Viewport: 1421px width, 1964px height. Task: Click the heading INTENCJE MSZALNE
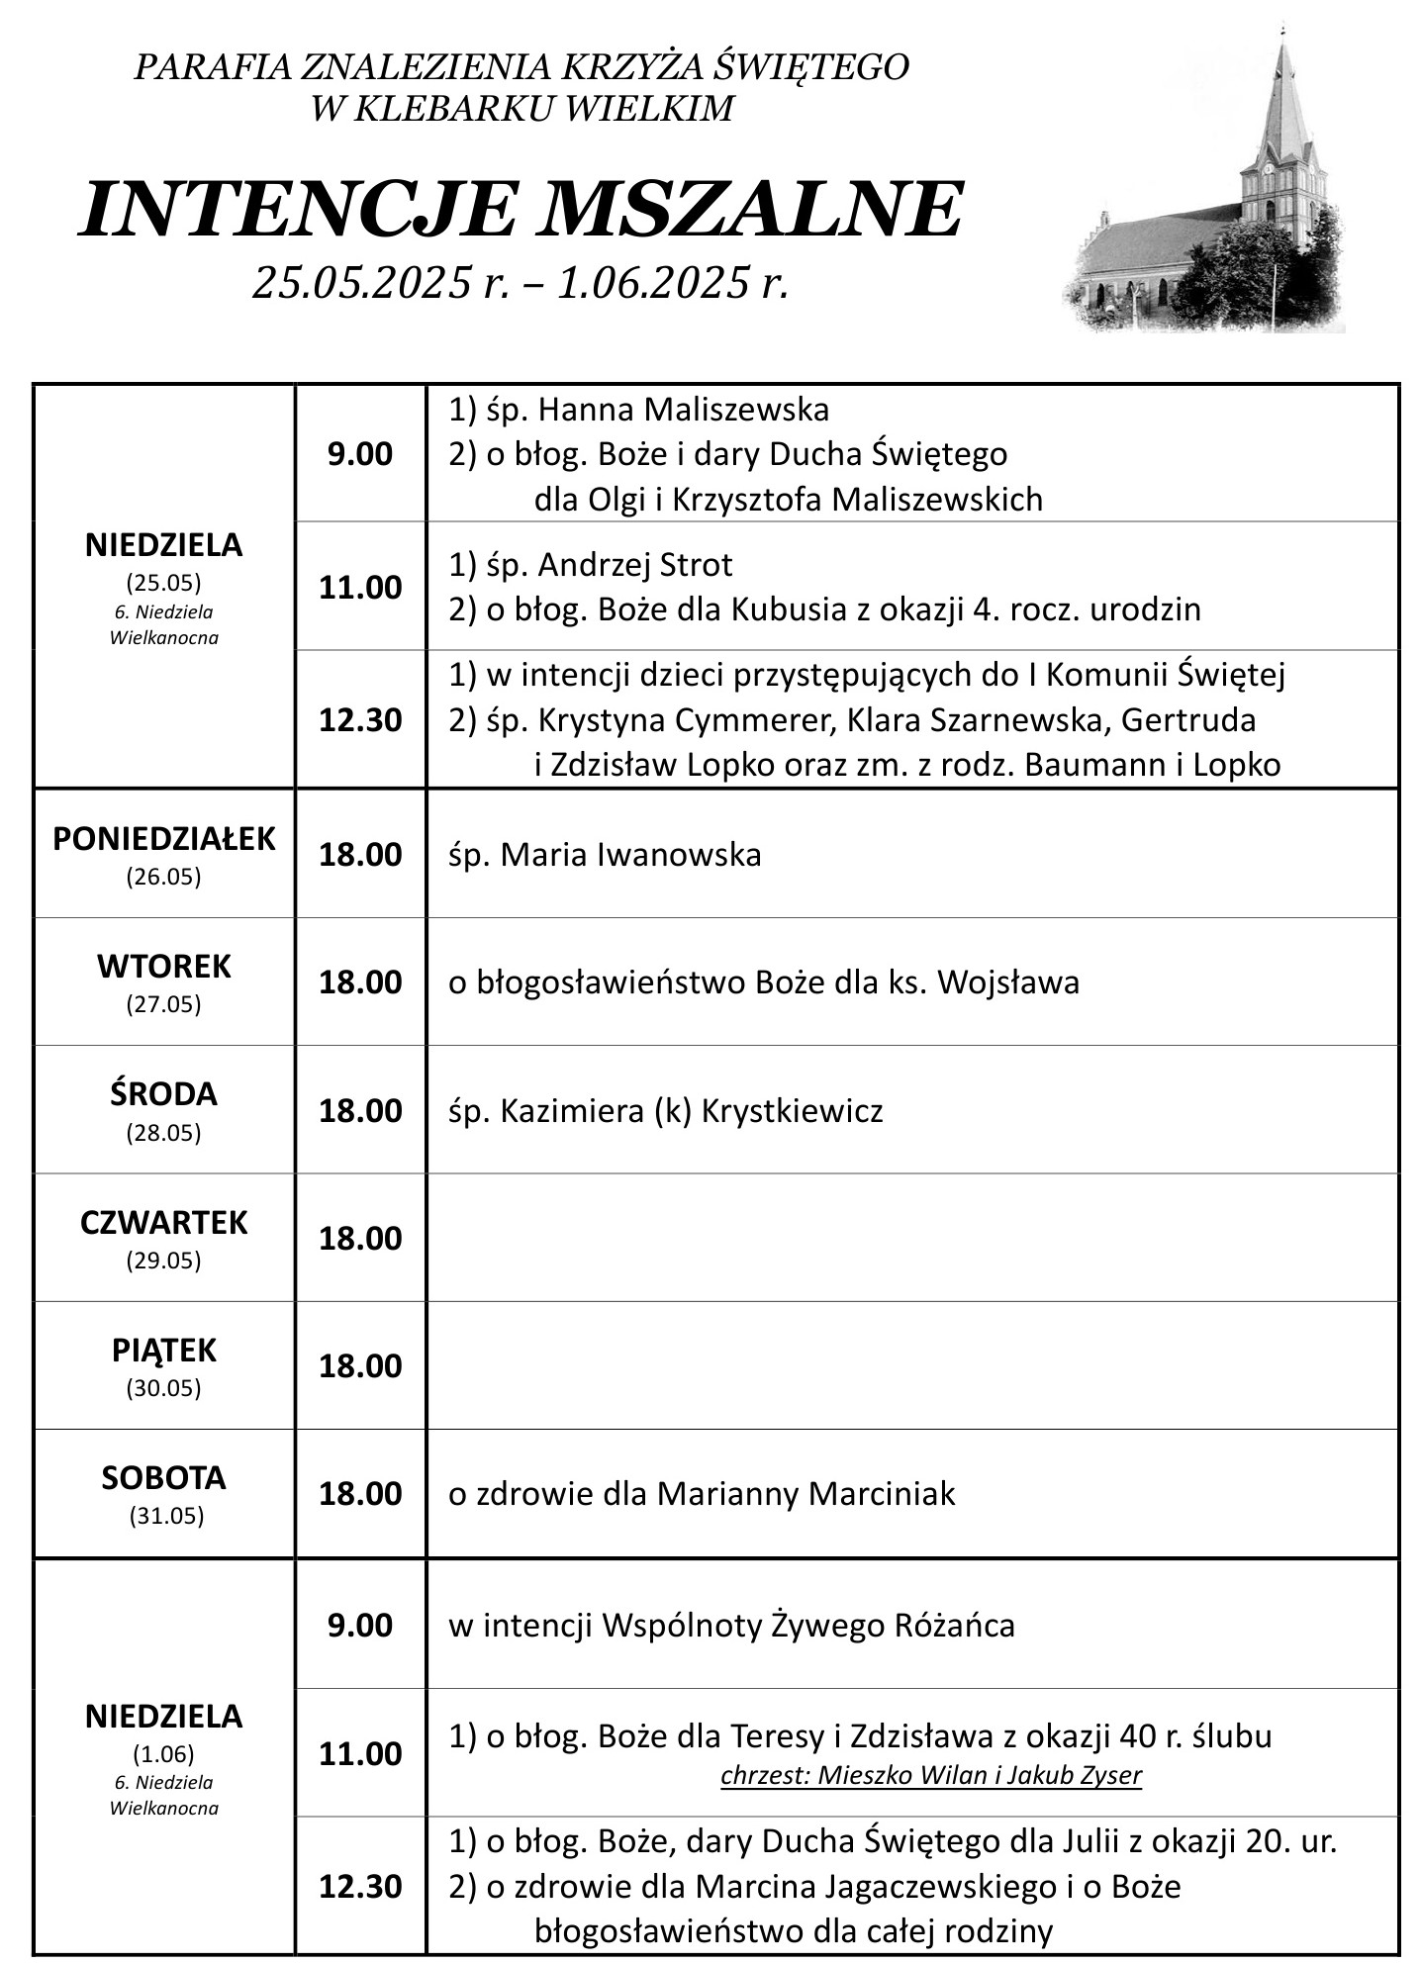point(521,210)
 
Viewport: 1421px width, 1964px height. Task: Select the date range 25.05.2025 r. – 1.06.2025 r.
point(521,283)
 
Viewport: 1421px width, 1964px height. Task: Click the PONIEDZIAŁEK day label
point(164,839)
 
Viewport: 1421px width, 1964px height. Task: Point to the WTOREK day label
point(164,966)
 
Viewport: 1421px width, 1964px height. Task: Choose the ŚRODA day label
point(164,1094)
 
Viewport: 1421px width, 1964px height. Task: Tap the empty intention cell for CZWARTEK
point(912,1238)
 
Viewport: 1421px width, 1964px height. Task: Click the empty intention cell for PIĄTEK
point(912,1365)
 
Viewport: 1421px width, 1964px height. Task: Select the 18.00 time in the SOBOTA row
point(360,1493)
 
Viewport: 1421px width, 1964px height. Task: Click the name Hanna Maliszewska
point(684,409)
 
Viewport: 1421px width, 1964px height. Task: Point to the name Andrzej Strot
point(635,565)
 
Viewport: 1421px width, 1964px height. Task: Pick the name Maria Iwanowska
point(631,854)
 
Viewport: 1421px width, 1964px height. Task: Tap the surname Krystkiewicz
point(792,1111)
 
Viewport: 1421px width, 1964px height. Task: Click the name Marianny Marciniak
point(805,1493)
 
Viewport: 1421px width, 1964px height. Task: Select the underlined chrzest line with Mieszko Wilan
point(930,1775)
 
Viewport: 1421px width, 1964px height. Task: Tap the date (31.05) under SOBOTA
point(166,1516)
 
